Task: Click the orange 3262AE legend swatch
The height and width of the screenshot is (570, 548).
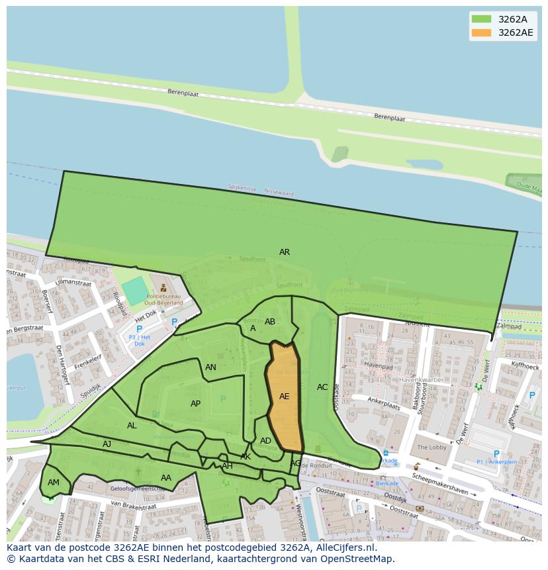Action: click(x=481, y=32)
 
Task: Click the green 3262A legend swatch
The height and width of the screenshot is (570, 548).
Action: click(x=481, y=19)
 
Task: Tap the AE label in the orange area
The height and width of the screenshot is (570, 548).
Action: click(x=284, y=397)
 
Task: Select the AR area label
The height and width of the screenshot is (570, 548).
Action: click(x=285, y=252)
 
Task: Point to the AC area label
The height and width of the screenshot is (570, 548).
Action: click(x=322, y=387)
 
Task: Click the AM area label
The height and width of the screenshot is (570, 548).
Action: click(x=54, y=483)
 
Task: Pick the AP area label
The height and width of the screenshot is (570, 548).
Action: click(x=195, y=404)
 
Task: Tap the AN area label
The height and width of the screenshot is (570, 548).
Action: click(x=210, y=367)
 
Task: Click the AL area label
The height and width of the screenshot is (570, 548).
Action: click(x=132, y=426)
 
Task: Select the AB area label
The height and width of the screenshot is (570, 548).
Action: click(x=270, y=322)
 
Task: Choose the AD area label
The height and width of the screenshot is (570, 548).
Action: click(x=265, y=441)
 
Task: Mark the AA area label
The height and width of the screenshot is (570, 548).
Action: click(x=166, y=478)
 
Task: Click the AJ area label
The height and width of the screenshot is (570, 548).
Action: click(x=107, y=444)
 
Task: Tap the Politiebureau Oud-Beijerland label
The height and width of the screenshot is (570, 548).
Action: click(x=164, y=300)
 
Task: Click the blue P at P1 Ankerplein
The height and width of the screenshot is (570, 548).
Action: click(x=496, y=454)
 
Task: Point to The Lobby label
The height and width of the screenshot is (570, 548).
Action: click(x=431, y=448)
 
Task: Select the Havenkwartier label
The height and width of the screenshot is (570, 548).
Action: click(x=421, y=380)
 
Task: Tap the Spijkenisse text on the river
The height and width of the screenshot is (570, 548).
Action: click(x=242, y=189)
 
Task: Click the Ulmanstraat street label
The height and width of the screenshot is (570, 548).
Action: click(x=73, y=283)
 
